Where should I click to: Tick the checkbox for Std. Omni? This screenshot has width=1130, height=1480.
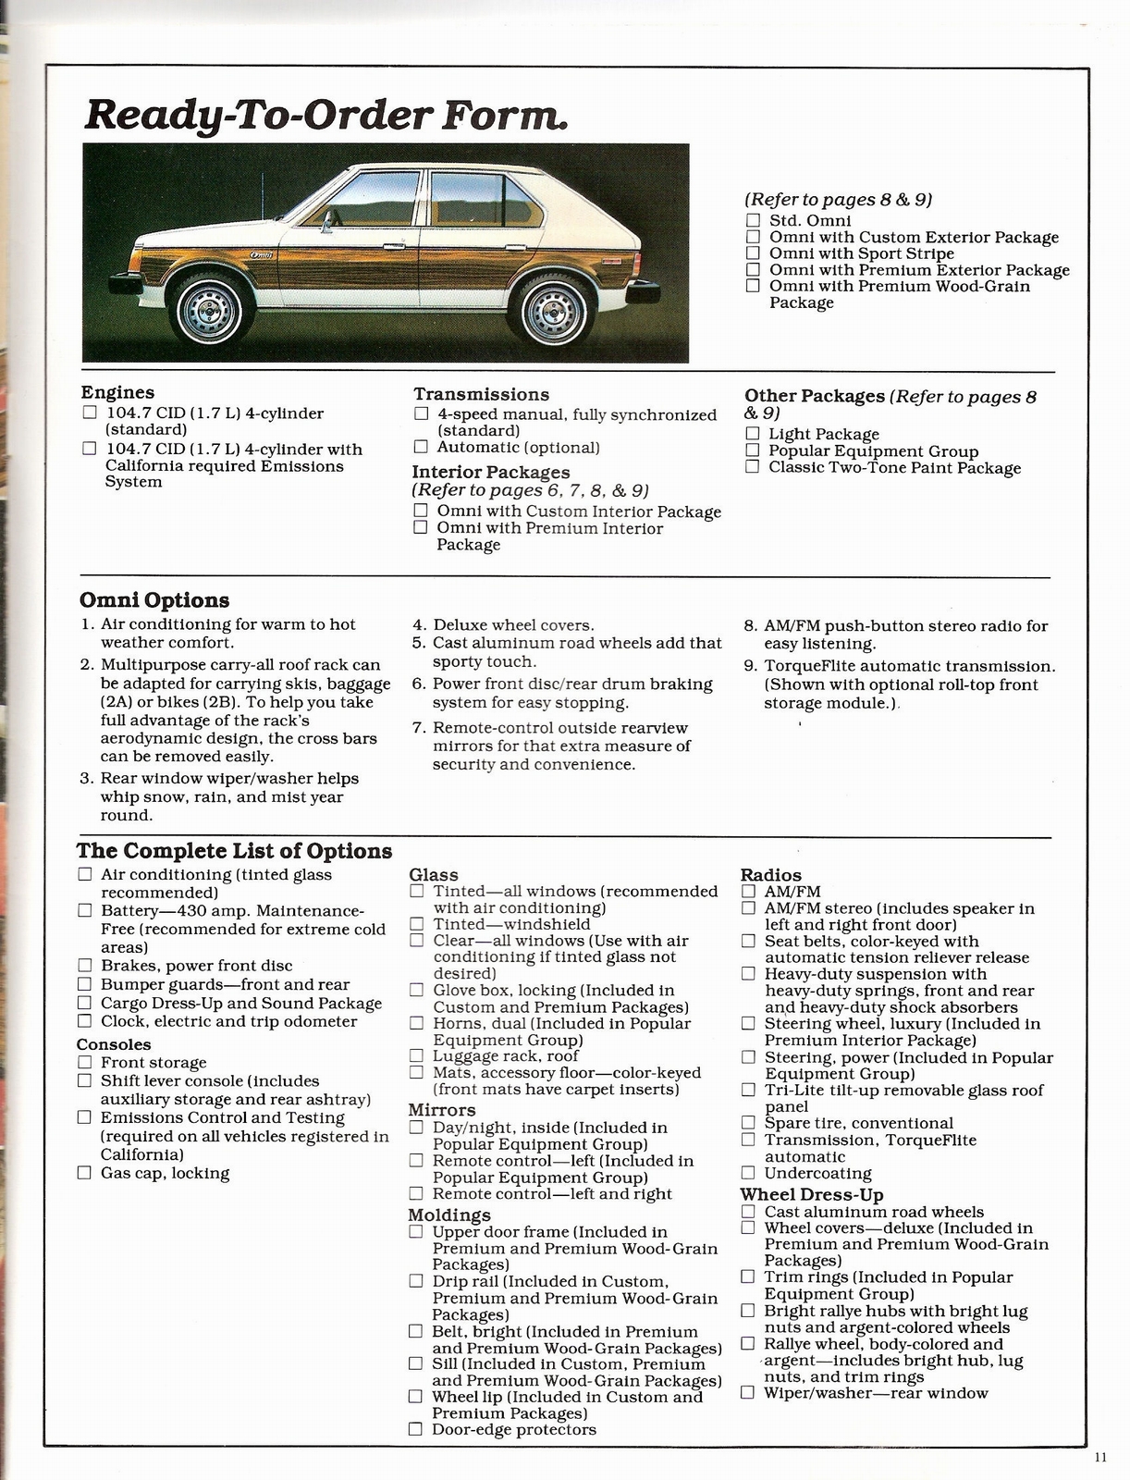click(x=753, y=220)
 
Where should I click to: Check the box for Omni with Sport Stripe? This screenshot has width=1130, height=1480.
click(x=753, y=253)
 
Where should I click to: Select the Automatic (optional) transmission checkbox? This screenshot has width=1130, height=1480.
click(x=422, y=448)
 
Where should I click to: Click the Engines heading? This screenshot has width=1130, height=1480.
click(x=117, y=392)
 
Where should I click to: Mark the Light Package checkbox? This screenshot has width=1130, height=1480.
click(x=752, y=434)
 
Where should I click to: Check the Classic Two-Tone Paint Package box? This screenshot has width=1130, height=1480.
click(x=752, y=467)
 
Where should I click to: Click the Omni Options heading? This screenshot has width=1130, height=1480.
click(x=154, y=600)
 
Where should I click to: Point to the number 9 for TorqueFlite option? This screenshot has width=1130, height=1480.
click(x=750, y=666)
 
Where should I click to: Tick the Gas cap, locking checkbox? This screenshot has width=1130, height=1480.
click(x=85, y=1173)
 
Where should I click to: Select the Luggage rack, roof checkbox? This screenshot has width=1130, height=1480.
click(x=417, y=1055)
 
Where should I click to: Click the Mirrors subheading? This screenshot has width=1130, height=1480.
click(x=442, y=1110)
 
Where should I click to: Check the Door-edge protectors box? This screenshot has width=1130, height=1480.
click(x=416, y=1429)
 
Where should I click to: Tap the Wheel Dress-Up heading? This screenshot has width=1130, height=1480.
click(x=811, y=1194)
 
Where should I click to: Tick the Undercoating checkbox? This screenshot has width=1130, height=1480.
click(x=748, y=1173)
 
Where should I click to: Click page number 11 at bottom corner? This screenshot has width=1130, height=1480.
click(x=1099, y=1459)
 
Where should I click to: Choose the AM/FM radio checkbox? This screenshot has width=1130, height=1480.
click(x=748, y=892)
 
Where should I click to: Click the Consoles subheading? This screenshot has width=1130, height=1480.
click(x=114, y=1044)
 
